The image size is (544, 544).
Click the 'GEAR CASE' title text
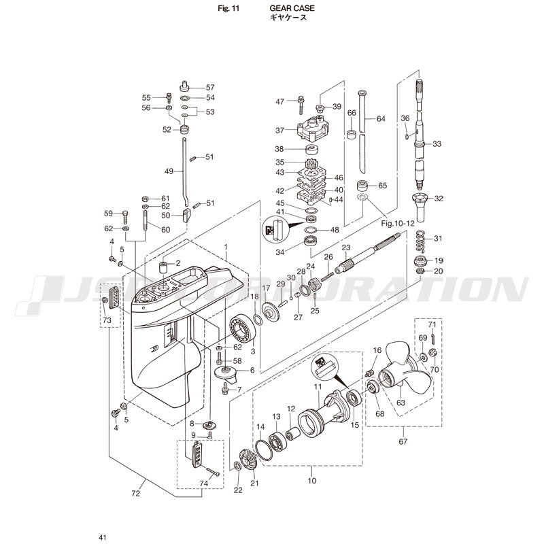pyautogui.click(x=288, y=9)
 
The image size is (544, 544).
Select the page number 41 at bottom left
pyautogui.click(x=102, y=537)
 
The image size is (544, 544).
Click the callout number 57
pyautogui.click(x=209, y=87)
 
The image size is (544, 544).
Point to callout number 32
pyautogui.click(x=438, y=199)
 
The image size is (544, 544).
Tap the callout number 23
pyautogui.click(x=345, y=248)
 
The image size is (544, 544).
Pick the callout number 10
pyautogui.click(x=312, y=479)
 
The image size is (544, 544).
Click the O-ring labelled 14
pyautogui.click(x=265, y=449)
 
